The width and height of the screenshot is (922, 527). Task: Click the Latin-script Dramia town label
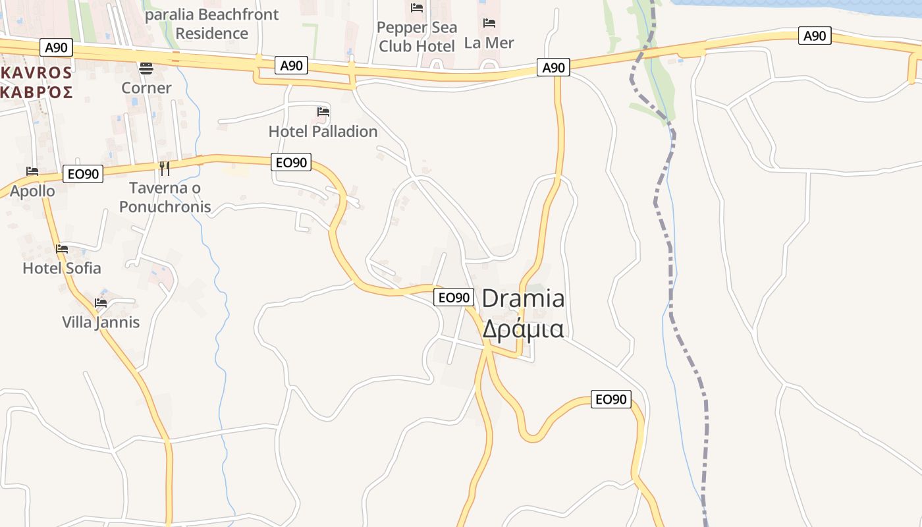click(523, 298)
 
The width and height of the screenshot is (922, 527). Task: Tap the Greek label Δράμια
click(523, 328)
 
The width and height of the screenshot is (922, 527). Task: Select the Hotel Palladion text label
click(323, 131)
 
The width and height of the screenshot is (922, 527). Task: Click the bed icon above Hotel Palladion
click(323, 112)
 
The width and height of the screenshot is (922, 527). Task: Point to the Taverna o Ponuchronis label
click(165, 197)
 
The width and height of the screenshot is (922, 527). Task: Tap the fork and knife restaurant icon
click(164, 169)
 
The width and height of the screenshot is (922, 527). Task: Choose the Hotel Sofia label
click(62, 268)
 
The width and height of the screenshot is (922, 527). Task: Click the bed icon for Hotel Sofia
click(62, 249)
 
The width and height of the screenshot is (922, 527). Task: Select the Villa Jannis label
click(101, 322)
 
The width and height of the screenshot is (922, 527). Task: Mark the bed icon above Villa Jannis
click(101, 303)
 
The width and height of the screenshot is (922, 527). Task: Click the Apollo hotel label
click(32, 191)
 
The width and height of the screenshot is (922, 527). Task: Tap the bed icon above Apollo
click(32, 171)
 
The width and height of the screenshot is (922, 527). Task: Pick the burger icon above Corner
click(146, 69)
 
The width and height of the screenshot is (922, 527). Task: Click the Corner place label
click(146, 88)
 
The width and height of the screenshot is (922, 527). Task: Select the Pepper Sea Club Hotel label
click(416, 37)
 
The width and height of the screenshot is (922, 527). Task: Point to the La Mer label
click(489, 43)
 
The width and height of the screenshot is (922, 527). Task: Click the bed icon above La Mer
click(489, 23)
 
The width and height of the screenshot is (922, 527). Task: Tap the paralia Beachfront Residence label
click(211, 24)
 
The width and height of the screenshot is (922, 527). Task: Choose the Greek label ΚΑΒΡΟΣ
click(36, 92)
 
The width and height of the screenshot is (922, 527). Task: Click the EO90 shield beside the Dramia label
click(454, 298)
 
